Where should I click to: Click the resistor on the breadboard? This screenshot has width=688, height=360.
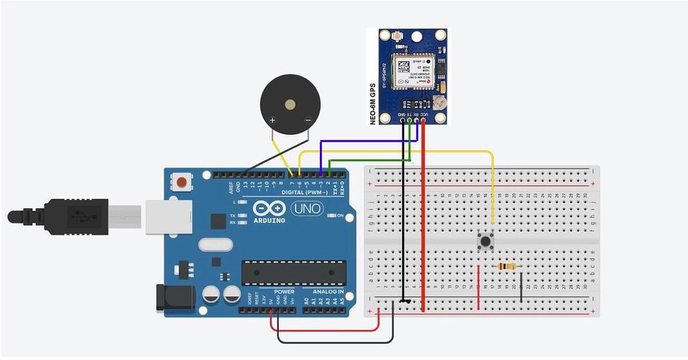pos(507,267)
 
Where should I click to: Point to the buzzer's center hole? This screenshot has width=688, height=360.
pos(290,104)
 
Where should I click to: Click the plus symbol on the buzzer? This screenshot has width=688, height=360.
pos(273,121)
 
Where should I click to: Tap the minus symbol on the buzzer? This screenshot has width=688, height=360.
pos(307,121)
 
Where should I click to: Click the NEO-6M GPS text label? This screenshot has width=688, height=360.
pos(373,104)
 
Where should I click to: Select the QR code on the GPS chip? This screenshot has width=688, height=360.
pos(402,67)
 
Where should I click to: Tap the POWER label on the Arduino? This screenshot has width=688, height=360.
pos(284,291)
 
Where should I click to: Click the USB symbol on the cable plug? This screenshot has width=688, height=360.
pos(82,216)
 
